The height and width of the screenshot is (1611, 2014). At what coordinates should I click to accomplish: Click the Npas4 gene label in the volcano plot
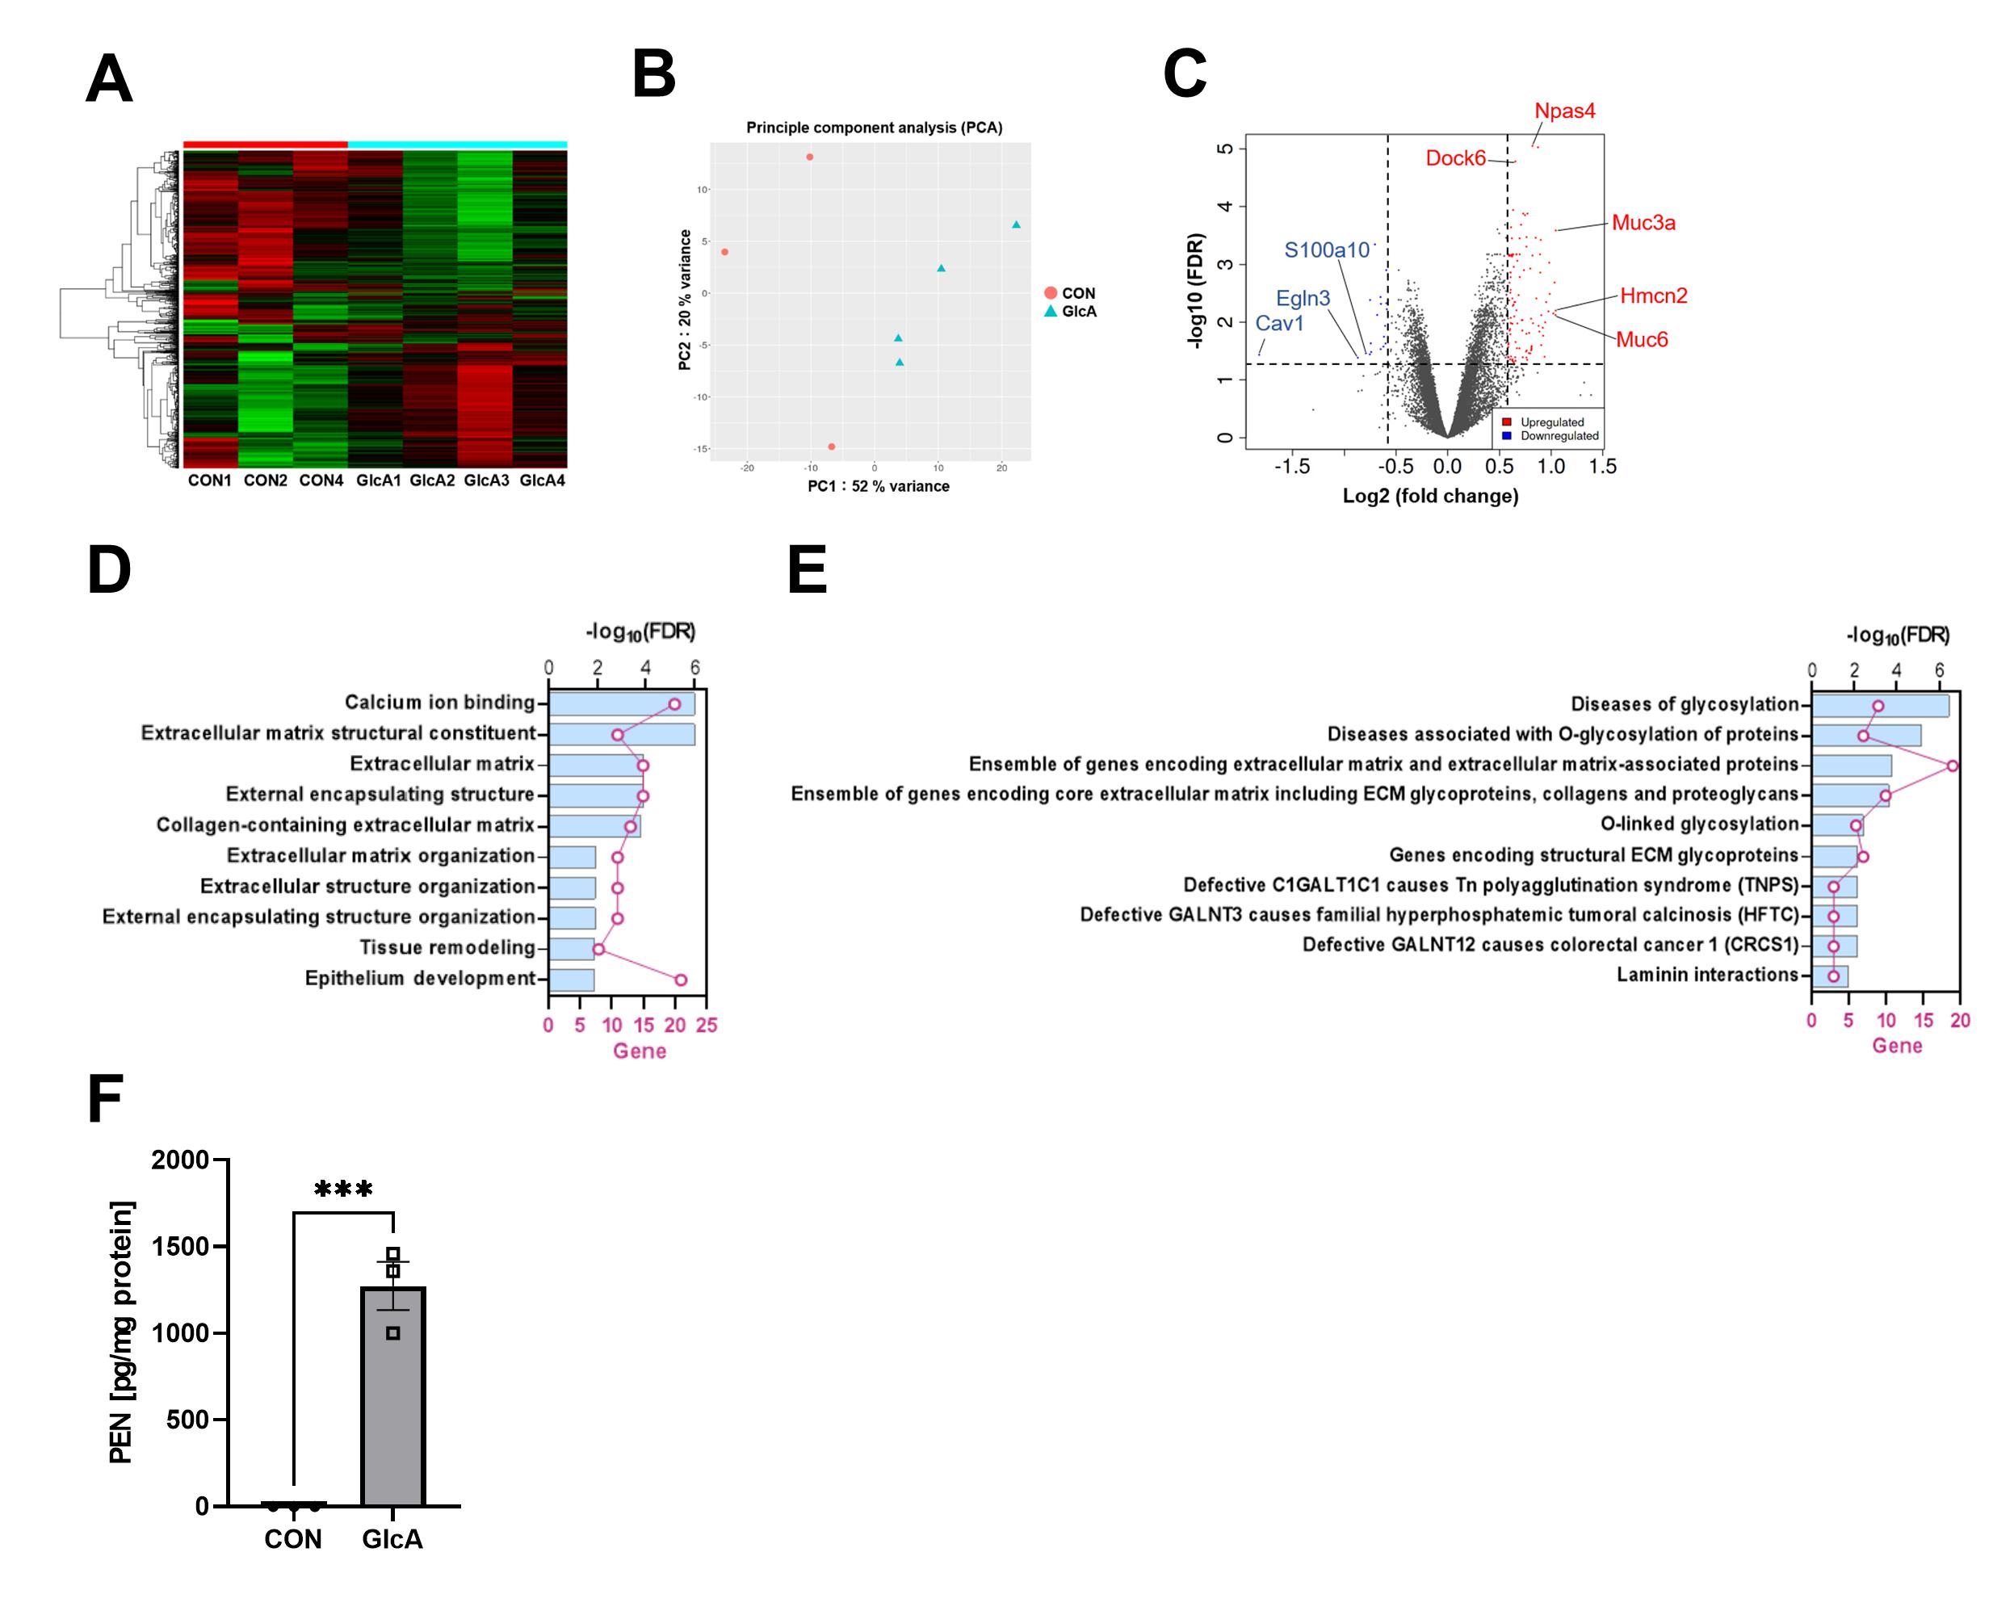click(x=1565, y=111)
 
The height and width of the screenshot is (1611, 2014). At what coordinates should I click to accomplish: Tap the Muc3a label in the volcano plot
click(x=1643, y=223)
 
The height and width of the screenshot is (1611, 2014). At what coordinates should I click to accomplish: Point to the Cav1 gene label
click(x=1279, y=323)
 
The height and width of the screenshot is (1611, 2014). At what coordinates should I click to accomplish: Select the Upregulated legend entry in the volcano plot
click(x=1551, y=422)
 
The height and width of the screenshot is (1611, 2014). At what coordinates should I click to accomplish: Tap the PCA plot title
click(x=874, y=128)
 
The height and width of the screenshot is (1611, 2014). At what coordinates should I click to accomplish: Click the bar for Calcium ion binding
click(x=621, y=703)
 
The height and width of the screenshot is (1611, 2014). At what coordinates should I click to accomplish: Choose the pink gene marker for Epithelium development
click(x=680, y=980)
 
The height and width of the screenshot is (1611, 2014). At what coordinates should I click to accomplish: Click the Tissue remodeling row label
click(x=447, y=948)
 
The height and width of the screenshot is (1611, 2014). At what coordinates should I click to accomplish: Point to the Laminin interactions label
click(x=1706, y=975)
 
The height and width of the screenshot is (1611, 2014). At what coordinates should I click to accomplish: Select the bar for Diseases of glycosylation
click(x=1879, y=706)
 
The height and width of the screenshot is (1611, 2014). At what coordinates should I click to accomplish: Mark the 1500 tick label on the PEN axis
click(x=180, y=1247)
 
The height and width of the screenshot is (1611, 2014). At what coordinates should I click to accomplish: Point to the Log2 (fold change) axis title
click(x=1430, y=496)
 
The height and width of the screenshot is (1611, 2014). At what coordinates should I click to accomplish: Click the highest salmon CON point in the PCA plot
click(x=809, y=157)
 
